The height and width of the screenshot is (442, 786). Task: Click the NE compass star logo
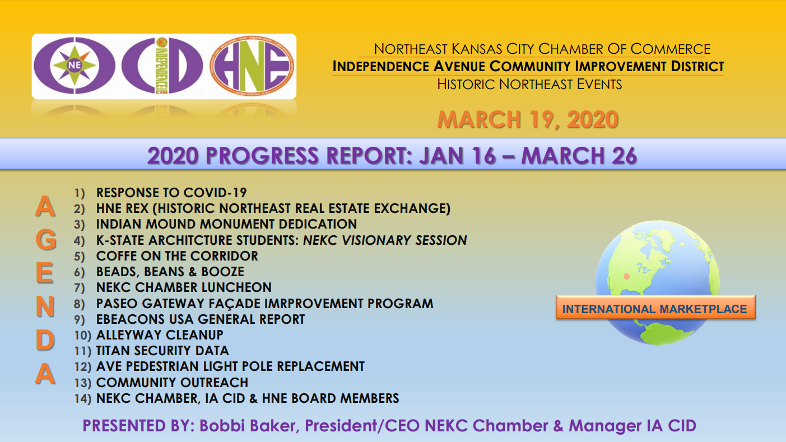(74, 65)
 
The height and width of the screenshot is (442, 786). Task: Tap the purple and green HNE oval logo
(251, 66)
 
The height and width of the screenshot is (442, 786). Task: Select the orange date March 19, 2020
(528, 120)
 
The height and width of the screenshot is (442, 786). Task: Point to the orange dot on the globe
(627, 276)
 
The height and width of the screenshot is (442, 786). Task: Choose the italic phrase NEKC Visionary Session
(385, 240)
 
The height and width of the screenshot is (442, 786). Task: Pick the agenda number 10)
(82, 336)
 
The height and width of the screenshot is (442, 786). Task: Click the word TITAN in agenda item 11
(113, 351)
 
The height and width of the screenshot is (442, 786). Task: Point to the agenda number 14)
(82, 399)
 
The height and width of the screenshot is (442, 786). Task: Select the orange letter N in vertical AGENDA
(45, 306)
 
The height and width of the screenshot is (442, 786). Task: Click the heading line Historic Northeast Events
(529, 85)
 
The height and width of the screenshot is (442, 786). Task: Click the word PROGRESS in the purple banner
(263, 155)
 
